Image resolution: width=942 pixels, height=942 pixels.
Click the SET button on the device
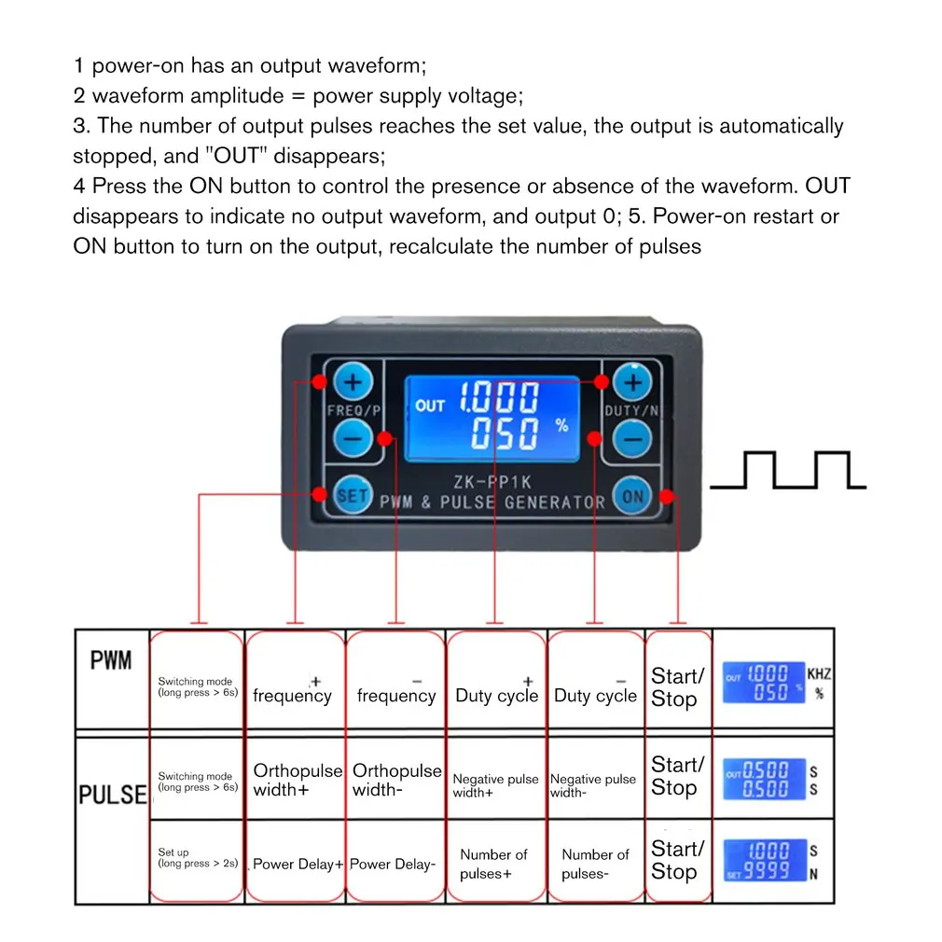point(352,495)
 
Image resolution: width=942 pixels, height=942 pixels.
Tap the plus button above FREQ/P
point(353,381)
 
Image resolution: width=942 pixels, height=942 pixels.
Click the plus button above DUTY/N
point(633,381)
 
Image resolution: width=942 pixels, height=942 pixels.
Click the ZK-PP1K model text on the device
point(492,482)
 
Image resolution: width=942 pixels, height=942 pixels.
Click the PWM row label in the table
point(111,661)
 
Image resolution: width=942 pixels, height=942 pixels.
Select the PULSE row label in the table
point(113,795)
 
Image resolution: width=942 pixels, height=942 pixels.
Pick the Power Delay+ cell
point(294,865)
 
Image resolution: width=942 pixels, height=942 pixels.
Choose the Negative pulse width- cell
point(593,785)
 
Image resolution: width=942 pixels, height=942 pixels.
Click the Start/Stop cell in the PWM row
point(677,687)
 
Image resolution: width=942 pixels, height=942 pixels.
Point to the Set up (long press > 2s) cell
point(196,858)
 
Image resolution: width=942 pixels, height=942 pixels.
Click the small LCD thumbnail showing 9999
point(765,862)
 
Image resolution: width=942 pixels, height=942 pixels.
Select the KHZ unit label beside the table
point(818,673)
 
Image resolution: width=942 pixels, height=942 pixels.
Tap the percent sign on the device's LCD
point(561,425)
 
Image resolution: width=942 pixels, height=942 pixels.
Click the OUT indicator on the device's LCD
point(430,406)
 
